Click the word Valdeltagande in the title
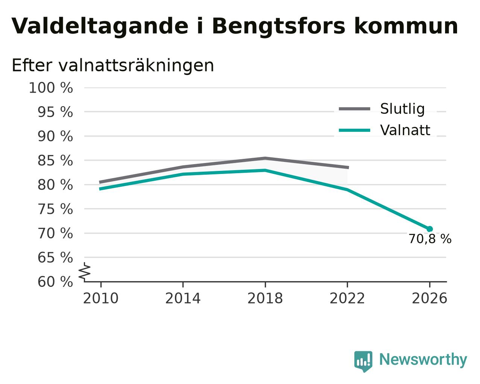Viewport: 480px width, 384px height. tap(100, 27)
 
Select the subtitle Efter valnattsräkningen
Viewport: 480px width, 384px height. tap(113, 66)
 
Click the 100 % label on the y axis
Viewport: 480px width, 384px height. tap(51, 88)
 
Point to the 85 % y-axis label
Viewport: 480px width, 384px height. tap(55, 160)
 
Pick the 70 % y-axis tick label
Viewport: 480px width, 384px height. tap(55, 233)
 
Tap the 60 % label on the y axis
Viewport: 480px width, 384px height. tap(55, 282)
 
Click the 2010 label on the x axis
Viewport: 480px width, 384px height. tap(100, 299)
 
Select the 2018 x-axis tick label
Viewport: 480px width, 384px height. tap(265, 299)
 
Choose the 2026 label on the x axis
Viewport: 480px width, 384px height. tap(429, 299)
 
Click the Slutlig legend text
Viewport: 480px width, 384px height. tap(403, 109)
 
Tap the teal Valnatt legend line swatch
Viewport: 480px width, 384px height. tap(354, 130)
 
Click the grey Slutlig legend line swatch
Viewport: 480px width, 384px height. tap(354, 109)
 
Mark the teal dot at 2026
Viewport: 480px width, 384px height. tap(430, 229)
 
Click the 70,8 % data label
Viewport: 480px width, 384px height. tap(430, 239)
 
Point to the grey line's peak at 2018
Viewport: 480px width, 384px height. tap(265, 158)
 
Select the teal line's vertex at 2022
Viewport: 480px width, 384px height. tap(347, 190)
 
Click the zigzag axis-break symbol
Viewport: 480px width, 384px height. tap(85, 271)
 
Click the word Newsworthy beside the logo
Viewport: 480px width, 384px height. tap(423, 360)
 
